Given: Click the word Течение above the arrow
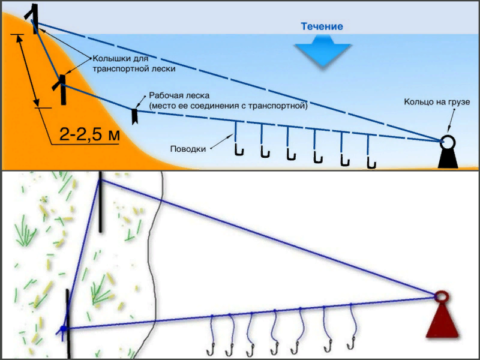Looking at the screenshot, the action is [322, 26].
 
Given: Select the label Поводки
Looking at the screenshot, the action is [188, 149].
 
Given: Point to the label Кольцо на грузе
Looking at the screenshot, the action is [437, 101].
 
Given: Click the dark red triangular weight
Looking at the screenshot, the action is [442, 320].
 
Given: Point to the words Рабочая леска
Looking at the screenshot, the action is [179, 95].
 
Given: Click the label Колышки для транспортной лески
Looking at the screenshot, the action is [134, 64].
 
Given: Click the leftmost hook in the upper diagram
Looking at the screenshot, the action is [239, 151].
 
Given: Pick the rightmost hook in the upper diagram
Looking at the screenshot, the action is [371, 163].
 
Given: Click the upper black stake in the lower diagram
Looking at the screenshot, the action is [100, 202].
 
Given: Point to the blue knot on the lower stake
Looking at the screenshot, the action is [63, 329].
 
